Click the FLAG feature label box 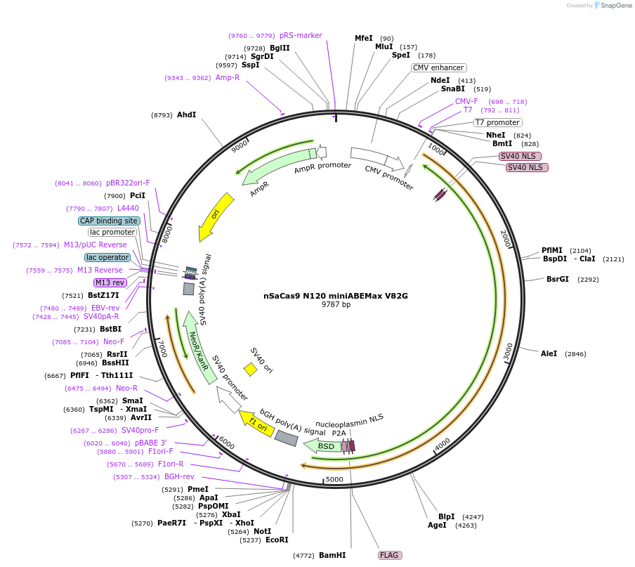pos(390,555)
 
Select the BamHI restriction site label pos(332,555)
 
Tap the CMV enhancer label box pos(438,67)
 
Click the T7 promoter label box pos(497,122)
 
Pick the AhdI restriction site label pos(186,115)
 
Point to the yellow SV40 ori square pos(250,369)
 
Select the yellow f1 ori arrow pos(258,424)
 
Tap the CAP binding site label pos(109,221)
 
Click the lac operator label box pos(107,257)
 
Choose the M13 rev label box pos(110,282)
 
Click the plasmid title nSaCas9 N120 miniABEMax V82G pos(331,296)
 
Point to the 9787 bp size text pos(336,305)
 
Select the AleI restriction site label pos(549,353)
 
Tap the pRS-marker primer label pos(301,35)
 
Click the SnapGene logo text pos(613,6)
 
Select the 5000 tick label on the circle pos(334,479)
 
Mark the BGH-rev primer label pos(179,477)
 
